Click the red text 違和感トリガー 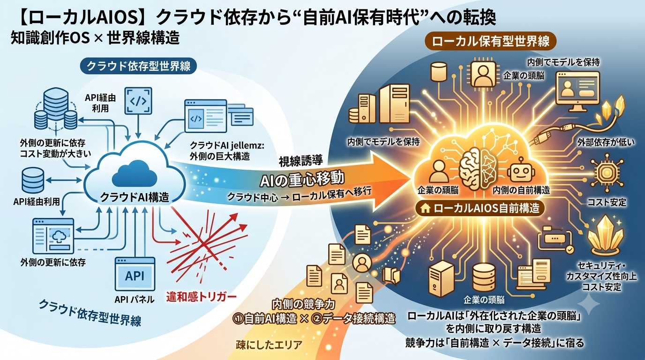click(x=201, y=297)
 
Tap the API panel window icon click(x=135, y=274)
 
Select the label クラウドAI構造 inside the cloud click(x=135, y=197)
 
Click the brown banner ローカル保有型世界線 click(x=491, y=41)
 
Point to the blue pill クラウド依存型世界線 click(x=138, y=66)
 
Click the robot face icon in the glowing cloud click(x=521, y=170)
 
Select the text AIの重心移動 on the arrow click(x=302, y=179)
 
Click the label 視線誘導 click(x=301, y=161)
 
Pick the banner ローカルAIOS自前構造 click(x=480, y=208)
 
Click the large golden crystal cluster click(x=606, y=236)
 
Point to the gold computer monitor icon click(x=577, y=91)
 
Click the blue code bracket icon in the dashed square click(x=138, y=101)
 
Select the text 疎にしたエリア click(x=269, y=345)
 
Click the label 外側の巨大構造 click(x=220, y=157)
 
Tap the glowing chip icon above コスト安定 click(x=607, y=173)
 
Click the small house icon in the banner click(x=425, y=209)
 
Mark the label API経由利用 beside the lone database click(x=36, y=202)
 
